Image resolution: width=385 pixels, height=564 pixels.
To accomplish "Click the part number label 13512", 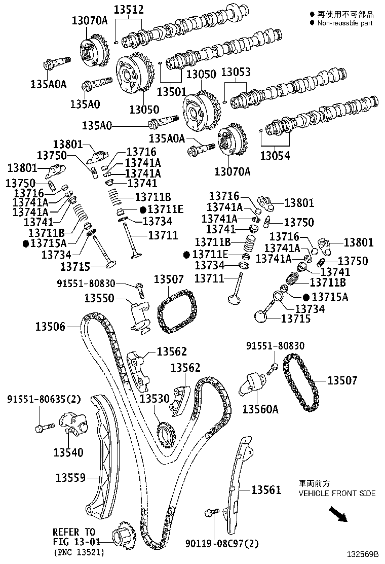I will (x=128, y=9).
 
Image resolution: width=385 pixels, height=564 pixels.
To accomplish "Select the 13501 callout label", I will (x=172, y=92).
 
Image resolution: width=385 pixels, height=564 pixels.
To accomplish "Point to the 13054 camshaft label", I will (x=275, y=156).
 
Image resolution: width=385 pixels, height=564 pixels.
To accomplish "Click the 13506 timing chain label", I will (x=50, y=327).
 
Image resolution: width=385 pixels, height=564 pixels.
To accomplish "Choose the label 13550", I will (x=99, y=298).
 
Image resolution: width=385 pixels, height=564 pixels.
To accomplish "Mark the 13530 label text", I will (x=155, y=399).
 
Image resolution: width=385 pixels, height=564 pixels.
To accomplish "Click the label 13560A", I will (x=260, y=409).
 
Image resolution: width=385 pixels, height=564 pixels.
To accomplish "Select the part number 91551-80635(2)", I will (x=44, y=399).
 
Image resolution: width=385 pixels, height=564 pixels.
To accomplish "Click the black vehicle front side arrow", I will (x=337, y=515).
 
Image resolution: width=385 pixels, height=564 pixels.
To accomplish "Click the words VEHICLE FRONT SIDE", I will (x=337, y=493).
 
